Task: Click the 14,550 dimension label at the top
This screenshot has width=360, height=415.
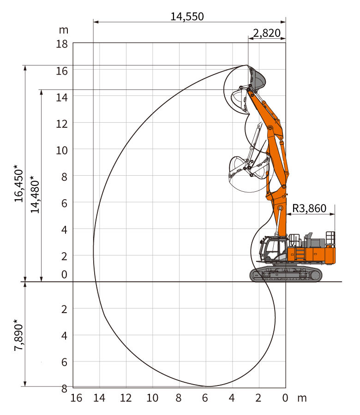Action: click(187, 17)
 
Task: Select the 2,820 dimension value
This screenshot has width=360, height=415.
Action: click(267, 33)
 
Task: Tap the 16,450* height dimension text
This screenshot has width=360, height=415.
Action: click(19, 183)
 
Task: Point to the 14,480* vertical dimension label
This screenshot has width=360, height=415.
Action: click(35, 194)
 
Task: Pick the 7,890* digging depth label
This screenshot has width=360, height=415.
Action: click(19, 335)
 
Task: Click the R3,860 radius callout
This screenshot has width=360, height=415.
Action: click(309, 208)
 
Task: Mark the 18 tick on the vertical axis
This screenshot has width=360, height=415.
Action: click(62, 44)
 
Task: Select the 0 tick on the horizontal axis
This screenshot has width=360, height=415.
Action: click(285, 398)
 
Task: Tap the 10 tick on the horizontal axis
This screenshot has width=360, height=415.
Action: click(152, 398)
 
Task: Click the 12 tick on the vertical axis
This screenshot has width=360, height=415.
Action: click(62, 124)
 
